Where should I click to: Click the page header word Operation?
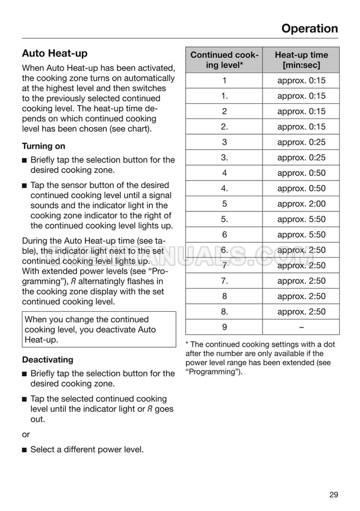(309, 28)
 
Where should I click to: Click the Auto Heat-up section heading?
(55, 53)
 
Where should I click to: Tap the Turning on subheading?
(44, 146)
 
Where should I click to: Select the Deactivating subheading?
(48, 359)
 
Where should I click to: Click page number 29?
(333, 495)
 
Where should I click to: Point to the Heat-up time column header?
(301, 60)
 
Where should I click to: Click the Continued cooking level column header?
(224, 60)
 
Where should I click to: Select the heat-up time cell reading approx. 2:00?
(301, 204)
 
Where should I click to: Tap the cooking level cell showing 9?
(224, 327)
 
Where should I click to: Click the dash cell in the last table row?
(301, 327)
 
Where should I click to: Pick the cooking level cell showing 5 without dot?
(224, 204)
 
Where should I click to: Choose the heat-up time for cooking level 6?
(301, 235)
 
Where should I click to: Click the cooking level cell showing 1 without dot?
(224, 81)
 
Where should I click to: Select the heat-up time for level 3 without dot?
(301, 142)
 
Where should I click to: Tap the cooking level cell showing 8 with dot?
(224, 311)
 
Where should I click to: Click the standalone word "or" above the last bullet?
(26, 434)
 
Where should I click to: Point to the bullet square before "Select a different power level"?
(24, 449)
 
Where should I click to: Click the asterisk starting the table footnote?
(187, 344)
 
